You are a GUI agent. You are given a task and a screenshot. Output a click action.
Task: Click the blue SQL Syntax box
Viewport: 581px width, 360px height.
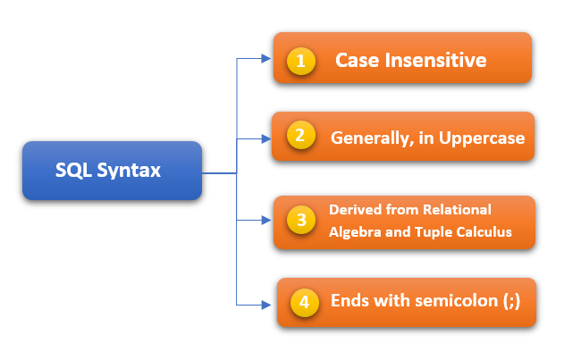113,170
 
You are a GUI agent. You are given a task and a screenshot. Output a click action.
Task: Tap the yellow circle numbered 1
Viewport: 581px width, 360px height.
301,62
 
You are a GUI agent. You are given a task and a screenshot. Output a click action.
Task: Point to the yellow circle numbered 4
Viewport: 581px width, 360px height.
305,302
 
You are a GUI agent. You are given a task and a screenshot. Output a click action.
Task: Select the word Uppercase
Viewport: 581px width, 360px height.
482,138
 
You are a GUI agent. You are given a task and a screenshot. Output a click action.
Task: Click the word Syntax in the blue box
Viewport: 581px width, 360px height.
134,170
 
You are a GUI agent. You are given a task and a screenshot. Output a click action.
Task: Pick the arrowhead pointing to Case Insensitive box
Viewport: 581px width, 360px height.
265,59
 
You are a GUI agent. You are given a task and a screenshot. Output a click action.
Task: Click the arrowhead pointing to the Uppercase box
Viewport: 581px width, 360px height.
265,138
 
